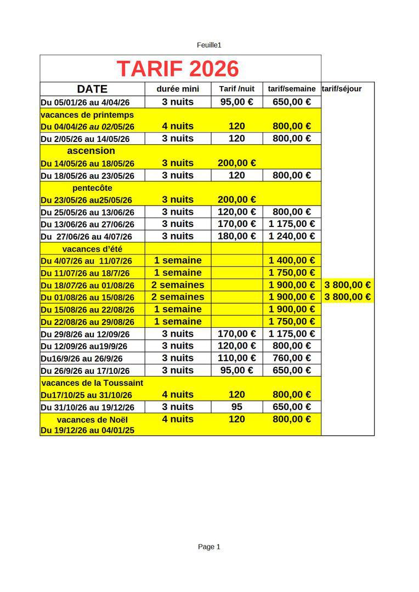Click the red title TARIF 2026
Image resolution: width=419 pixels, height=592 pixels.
[x=178, y=69]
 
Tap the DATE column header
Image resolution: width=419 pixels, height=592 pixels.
[x=92, y=89]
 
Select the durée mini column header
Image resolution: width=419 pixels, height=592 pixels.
[x=178, y=89]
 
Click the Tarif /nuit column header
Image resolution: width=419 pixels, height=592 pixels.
[x=237, y=89]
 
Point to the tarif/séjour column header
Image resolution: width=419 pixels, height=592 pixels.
[x=342, y=89]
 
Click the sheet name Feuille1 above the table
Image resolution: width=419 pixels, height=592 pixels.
[x=209, y=45]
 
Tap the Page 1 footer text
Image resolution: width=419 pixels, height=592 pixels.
[x=209, y=547]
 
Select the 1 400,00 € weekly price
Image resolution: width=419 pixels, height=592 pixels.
[x=292, y=260]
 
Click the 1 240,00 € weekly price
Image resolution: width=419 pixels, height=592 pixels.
[x=292, y=236]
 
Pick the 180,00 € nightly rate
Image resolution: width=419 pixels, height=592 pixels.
[x=237, y=236]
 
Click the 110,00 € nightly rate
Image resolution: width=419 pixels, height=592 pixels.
[x=237, y=358]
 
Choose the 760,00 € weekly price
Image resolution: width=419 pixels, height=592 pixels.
[x=292, y=358]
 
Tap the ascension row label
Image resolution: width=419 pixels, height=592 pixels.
[x=91, y=151]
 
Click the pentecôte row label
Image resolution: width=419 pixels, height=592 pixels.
[x=92, y=187]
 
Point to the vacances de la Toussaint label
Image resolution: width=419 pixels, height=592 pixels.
[x=92, y=383]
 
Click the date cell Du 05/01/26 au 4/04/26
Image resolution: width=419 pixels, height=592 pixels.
[x=86, y=103]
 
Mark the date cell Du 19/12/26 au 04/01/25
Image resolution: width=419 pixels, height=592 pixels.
[x=88, y=430]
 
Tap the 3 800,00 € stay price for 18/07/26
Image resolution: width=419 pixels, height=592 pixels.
[x=348, y=285]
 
